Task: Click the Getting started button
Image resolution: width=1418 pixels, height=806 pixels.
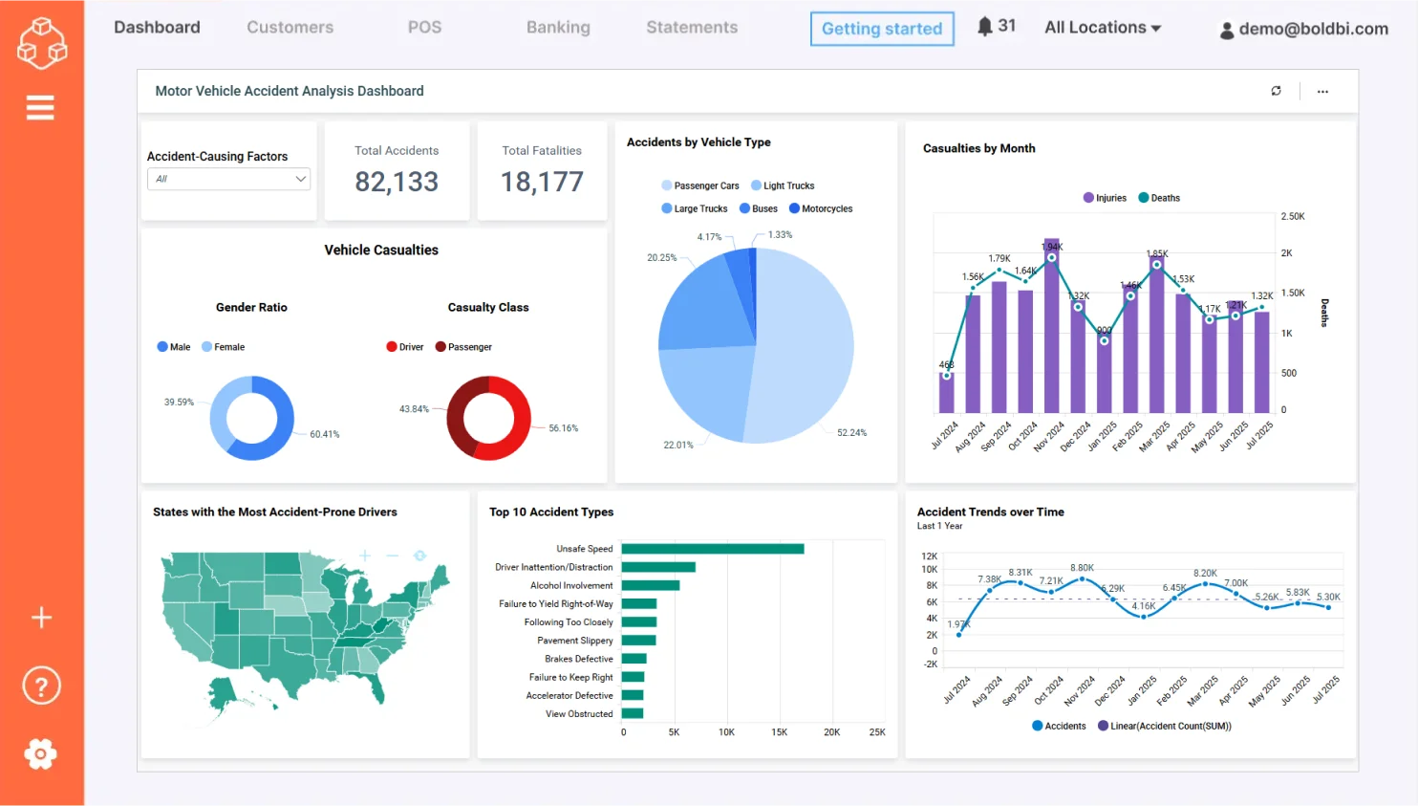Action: (x=881, y=29)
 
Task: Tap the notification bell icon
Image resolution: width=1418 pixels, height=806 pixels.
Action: (x=985, y=26)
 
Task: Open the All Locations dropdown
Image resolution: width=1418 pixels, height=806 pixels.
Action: (x=1103, y=28)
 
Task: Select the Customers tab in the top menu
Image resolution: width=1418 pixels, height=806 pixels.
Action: (x=290, y=28)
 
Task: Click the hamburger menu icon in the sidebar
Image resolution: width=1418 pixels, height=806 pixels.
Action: (x=40, y=108)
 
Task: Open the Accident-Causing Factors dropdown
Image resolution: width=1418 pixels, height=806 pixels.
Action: (x=228, y=179)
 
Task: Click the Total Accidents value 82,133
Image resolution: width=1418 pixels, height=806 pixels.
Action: (x=397, y=182)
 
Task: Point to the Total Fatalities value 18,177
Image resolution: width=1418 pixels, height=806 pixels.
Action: (x=542, y=182)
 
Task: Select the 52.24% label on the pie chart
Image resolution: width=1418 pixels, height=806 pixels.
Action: (x=851, y=433)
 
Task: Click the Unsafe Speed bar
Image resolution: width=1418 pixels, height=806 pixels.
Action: (x=712, y=549)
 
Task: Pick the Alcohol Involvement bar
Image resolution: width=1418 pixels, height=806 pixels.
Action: (x=650, y=585)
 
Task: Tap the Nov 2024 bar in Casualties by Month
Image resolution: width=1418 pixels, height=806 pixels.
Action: (x=1051, y=325)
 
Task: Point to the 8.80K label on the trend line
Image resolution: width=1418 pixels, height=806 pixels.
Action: (x=1082, y=568)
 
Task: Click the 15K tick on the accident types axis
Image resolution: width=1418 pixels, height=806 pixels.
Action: (x=779, y=732)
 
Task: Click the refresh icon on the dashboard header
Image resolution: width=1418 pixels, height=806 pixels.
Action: (x=1276, y=91)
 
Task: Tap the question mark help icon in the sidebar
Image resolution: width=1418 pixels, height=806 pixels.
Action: (x=41, y=686)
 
